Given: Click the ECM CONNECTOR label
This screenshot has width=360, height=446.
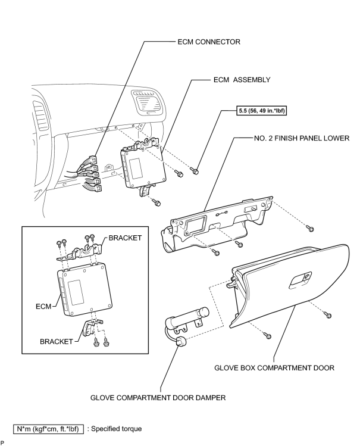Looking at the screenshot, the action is pos(209,42).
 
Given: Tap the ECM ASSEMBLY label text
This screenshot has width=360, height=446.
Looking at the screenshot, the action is pos(242,80).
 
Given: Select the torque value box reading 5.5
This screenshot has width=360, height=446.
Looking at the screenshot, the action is pos(261,111).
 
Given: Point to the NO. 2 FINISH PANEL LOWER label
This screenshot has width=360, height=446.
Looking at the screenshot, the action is pos(302,138).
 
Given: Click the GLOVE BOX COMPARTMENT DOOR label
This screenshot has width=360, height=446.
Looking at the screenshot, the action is pos(274,368).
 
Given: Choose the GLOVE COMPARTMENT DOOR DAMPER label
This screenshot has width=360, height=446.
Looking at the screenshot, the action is pos(158,397).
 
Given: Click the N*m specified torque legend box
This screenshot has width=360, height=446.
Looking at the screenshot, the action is pos(49,429).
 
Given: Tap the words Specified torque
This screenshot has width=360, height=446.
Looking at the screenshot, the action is pos(117,429).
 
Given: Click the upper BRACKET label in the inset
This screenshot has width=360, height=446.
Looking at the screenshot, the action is pos(125,238).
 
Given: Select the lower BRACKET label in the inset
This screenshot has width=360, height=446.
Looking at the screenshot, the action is pos(57,341).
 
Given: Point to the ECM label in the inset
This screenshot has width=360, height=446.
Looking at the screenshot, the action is pos(43,306).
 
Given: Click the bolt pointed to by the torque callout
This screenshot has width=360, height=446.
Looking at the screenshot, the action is pos(195,171).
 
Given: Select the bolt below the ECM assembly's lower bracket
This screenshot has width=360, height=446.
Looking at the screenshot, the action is pos(156,202).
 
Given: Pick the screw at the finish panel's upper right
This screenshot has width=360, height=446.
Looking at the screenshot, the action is pos(309,228).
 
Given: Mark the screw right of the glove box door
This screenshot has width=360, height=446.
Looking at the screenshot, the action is pos(328,315).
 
